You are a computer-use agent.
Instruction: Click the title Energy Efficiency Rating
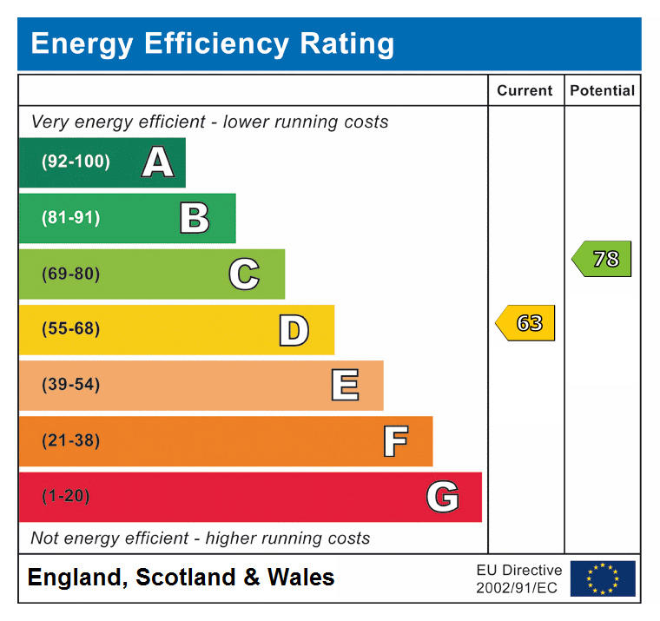tap(212, 43)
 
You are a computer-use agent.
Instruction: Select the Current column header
tap(525, 90)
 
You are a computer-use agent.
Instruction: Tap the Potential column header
tap(602, 90)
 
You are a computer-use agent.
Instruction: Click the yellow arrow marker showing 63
tap(526, 323)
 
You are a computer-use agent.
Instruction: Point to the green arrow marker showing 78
tap(603, 259)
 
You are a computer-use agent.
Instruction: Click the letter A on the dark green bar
tap(157, 162)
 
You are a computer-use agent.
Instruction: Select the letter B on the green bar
tap(195, 218)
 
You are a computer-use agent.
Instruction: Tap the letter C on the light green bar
tap(244, 274)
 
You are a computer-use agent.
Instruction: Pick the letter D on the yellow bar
tap(294, 330)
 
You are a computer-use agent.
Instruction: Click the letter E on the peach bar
tap(345, 385)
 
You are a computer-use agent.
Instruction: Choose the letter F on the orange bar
tap(395, 441)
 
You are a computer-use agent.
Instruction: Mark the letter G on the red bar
tap(442, 497)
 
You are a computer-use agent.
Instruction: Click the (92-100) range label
tap(76, 162)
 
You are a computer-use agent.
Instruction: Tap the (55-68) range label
tap(70, 329)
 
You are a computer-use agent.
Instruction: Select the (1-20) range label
tap(65, 497)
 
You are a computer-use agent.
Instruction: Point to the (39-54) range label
tap(70, 385)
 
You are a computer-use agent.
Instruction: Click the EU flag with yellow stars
tap(603, 578)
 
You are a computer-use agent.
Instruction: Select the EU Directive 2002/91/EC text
tap(518, 578)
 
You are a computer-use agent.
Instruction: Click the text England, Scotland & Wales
tap(181, 578)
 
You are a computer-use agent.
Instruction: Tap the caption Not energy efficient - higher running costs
tap(200, 538)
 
